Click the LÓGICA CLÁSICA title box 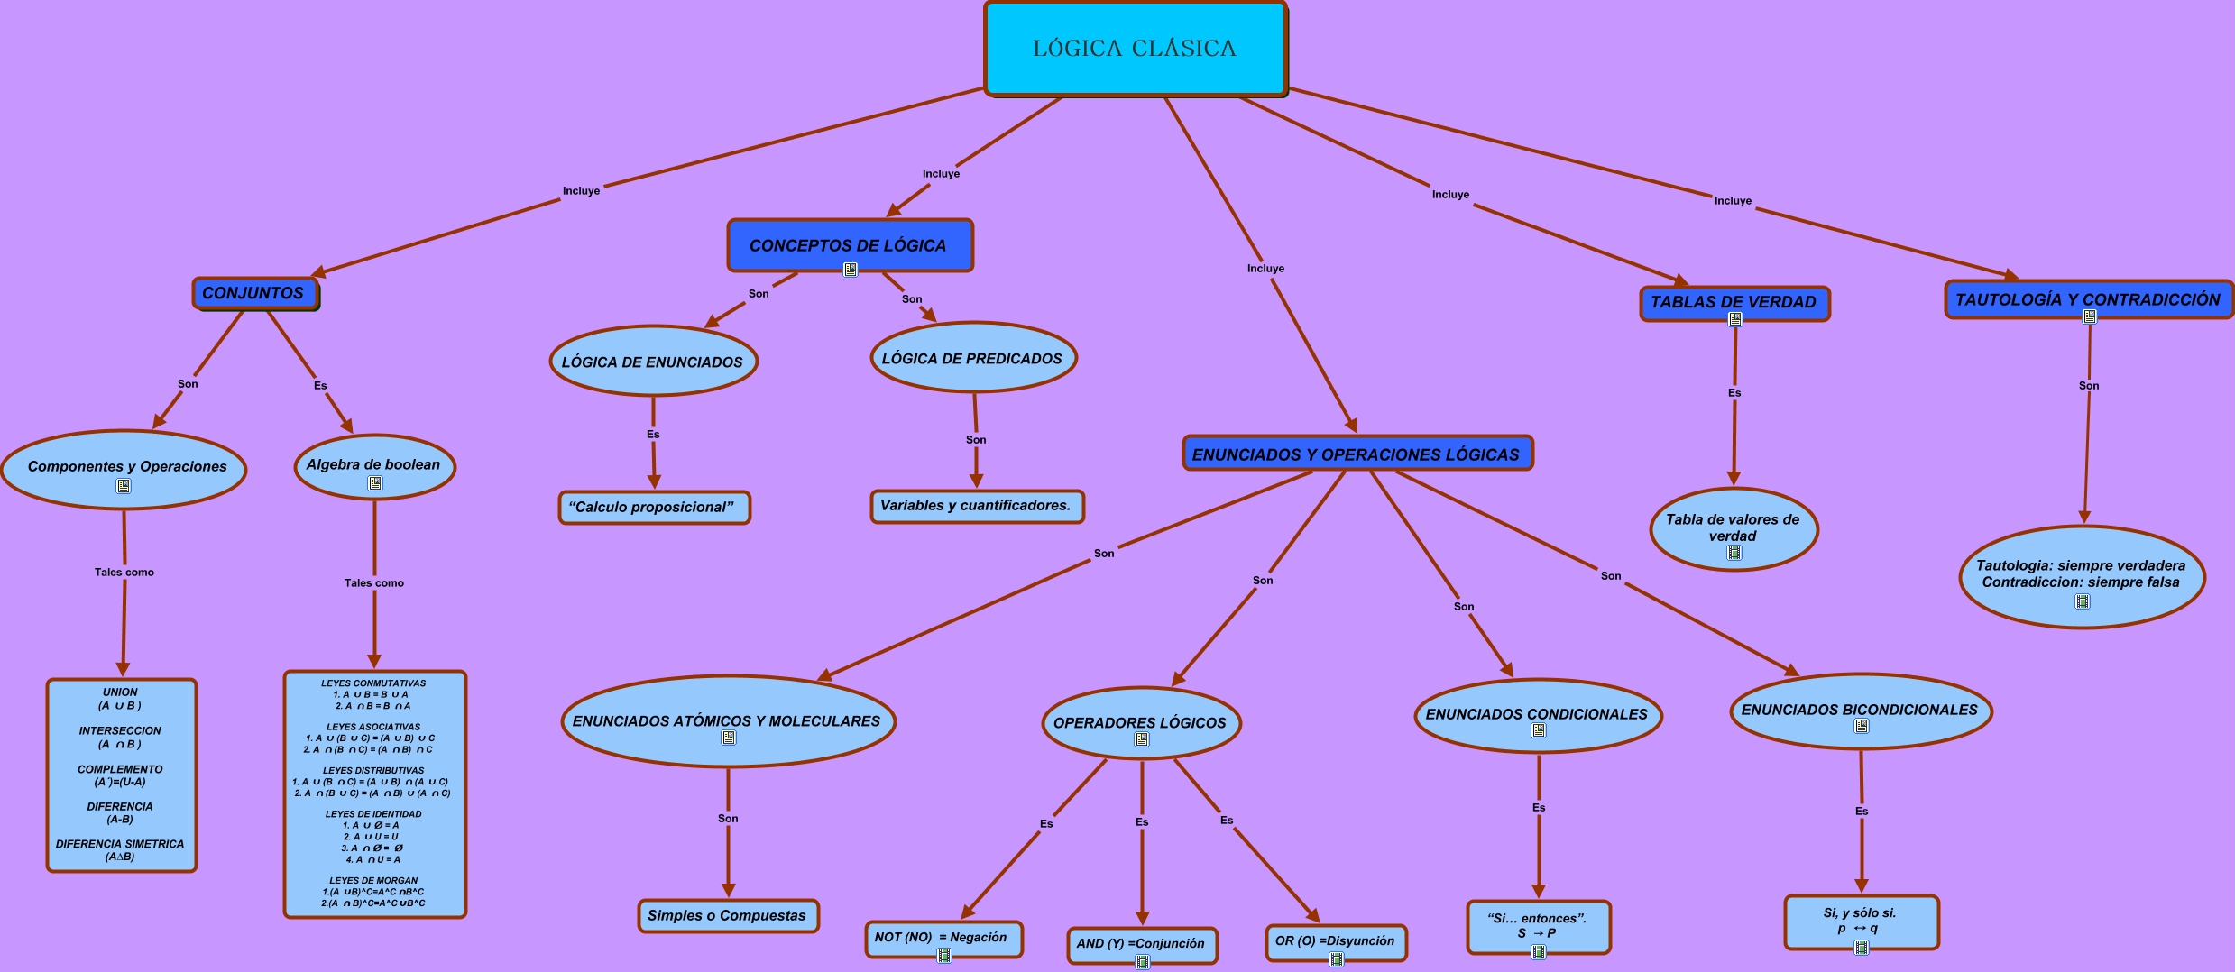[x=1135, y=49]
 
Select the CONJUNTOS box [x=254, y=293]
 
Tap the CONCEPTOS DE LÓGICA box [x=849, y=244]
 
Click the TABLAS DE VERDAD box [x=1734, y=302]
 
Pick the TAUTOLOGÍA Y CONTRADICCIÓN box [x=2088, y=299]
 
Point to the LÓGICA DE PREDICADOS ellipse [x=972, y=358]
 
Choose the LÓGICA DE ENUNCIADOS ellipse [x=652, y=362]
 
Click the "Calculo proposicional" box [x=653, y=507]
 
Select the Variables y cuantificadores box [x=976, y=506]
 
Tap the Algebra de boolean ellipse [x=373, y=465]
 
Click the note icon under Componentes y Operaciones [x=124, y=486]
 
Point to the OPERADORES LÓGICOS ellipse [x=1140, y=722]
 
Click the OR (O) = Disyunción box [x=1335, y=940]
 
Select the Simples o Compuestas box [x=727, y=915]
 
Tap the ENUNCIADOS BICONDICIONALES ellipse [x=1860, y=710]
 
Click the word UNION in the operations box [x=120, y=692]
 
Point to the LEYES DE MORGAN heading [x=373, y=880]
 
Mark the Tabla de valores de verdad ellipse [x=1733, y=527]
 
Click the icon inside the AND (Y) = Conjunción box [x=1142, y=961]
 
